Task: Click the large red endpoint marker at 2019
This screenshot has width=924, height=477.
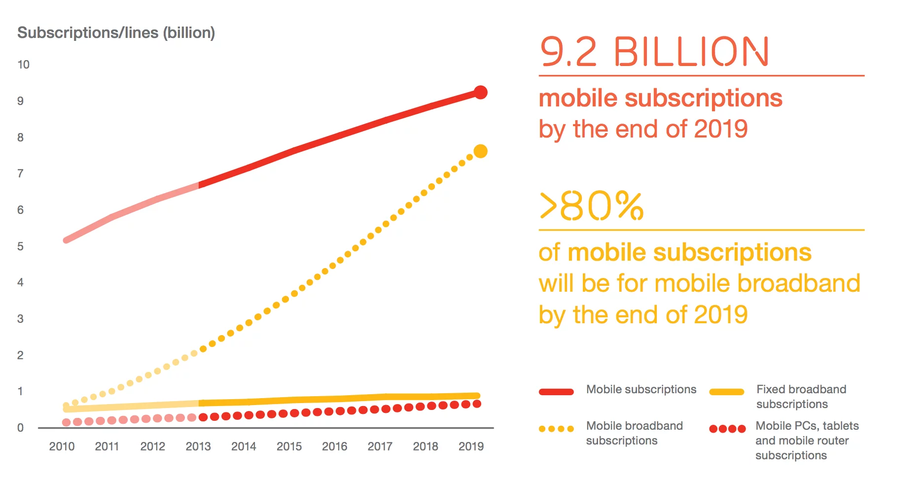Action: click(x=480, y=92)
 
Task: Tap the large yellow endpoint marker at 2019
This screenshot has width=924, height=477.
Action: click(x=480, y=151)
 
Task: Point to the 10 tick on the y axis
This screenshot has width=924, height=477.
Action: click(x=23, y=65)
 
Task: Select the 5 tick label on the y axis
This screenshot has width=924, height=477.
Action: click(x=20, y=246)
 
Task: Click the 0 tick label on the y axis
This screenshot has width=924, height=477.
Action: click(x=20, y=428)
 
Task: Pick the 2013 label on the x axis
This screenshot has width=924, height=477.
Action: click(x=198, y=446)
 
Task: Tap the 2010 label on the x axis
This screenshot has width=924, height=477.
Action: click(x=62, y=446)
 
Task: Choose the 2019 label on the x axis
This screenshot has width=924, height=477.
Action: click(x=471, y=446)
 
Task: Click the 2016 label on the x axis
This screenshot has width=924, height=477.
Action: click(x=334, y=446)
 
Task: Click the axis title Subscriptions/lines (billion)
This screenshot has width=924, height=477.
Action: click(x=116, y=33)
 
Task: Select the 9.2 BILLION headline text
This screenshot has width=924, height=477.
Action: click(x=654, y=52)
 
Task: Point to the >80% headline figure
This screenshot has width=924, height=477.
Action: click(x=591, y=206)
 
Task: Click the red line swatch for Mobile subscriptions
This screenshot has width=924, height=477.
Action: click(x=556, y=392)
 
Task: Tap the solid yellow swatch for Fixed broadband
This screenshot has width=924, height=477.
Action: click(x=726, y=392)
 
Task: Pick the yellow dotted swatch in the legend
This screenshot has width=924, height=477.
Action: click(x=556, y=429)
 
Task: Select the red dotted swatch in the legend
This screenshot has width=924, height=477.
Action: click(x=727, y=429)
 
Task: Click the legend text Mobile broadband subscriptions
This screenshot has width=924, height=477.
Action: click(x=634, y=433)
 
